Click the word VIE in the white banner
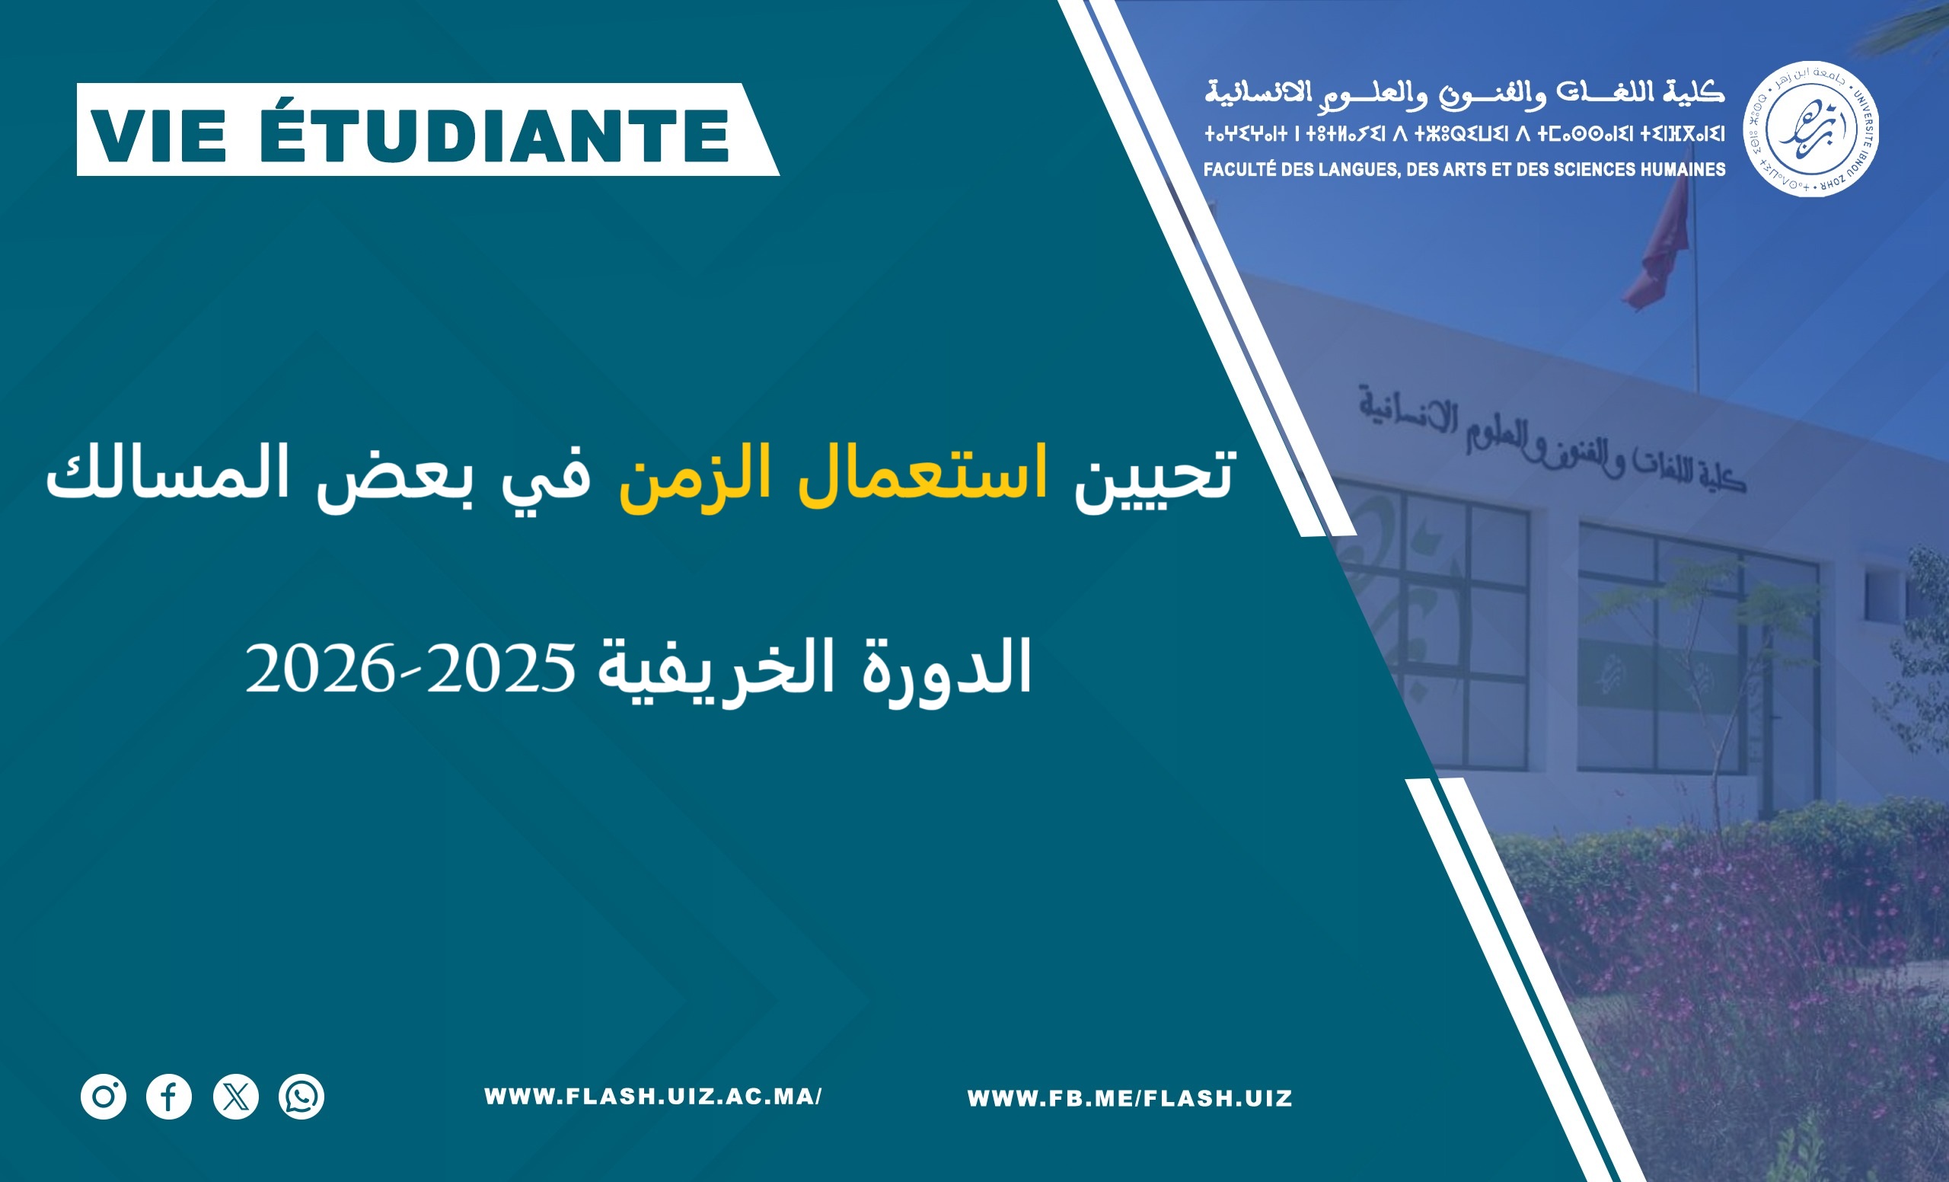[x=158, y=136]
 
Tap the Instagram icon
[x=104, y=1097]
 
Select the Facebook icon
[x=169, y=1097]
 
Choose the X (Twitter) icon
[x=236, y=1097]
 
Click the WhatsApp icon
[x=301, y=1097]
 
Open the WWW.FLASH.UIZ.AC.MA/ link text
[x=653, y=1097]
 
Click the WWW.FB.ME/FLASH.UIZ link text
[x=1130, y=1098]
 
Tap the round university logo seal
[x=1811, y=129]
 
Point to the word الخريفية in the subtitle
[x=716, y=669]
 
